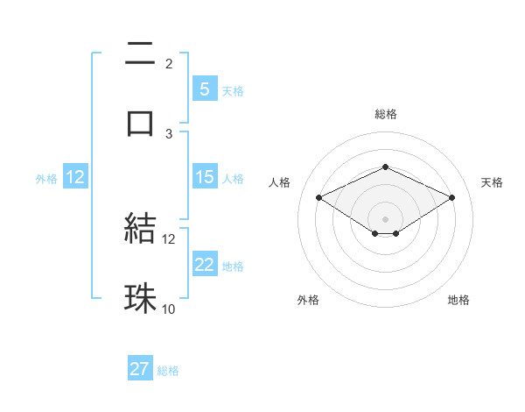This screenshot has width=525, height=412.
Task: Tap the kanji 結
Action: (x=140, y=229)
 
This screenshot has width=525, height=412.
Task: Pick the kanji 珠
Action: (x=140, y=297)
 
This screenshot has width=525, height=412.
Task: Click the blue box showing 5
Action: (x=204, y=89)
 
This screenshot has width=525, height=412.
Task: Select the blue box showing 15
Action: (x=204, y=177)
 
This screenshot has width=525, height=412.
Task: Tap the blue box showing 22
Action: (x=204, y=265)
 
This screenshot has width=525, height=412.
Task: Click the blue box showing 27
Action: (x=140, y=369)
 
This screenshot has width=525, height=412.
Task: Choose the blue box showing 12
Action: (x=74, y=177)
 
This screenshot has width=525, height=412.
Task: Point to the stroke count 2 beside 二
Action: (x=169, y=64)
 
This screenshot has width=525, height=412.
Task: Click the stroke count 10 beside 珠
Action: (x=169, y=309)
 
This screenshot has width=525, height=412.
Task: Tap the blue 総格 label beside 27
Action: (x=168, y=371)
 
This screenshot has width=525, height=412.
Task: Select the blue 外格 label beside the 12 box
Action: (x=46, y=179)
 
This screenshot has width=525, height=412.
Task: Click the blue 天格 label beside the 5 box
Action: (x=233, y=90)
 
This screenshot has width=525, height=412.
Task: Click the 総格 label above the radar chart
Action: (x=385, y=114)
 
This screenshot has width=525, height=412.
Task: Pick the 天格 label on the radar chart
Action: (x=492, y=182)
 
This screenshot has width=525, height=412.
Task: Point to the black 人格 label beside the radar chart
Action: (x=279, y=182)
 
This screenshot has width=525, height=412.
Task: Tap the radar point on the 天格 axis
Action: (x=451, y=198)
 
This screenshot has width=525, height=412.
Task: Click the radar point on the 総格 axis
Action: (x=385, y=167)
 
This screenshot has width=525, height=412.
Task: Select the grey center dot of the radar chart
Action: (x=385, y=218)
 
